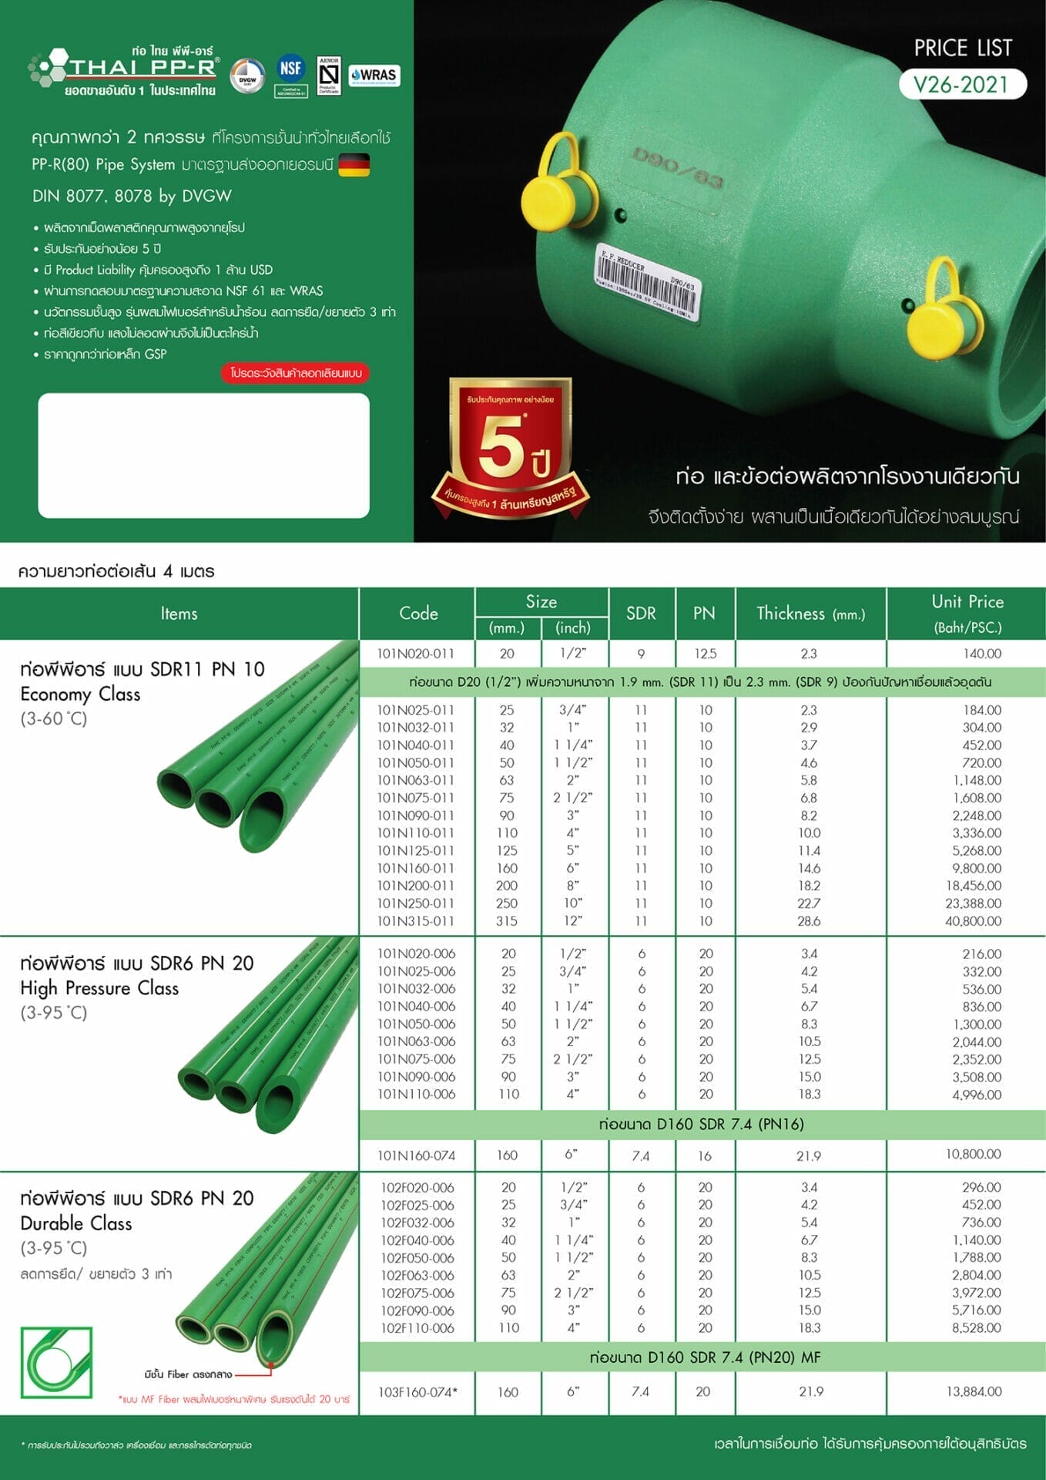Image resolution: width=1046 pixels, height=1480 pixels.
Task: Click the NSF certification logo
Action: point(290,69)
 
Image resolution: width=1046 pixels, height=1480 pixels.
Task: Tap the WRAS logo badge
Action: point(374,76)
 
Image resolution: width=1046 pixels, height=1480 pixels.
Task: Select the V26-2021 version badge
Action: point(962,84)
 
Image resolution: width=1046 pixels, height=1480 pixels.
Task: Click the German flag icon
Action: point(354,164)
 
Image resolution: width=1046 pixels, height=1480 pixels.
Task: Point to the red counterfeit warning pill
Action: point(296,373)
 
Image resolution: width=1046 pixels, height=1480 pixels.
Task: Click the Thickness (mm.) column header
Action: point(810,614)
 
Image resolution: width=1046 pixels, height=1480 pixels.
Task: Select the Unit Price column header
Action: point(967,614)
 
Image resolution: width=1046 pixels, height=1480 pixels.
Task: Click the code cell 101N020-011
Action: point(416,654)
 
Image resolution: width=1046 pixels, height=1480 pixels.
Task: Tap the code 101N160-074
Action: point(416,1155)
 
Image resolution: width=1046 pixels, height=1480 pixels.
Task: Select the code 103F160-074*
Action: point(417,1392)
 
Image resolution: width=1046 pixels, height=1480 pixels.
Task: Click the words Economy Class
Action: point(80,695)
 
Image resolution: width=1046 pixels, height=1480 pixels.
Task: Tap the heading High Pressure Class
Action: point(99,988)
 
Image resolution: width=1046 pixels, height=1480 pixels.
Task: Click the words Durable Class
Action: point(76,1223)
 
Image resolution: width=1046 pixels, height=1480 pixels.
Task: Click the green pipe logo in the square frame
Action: point(56,1363)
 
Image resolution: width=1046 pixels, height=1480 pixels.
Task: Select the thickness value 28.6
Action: point(809,921)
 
